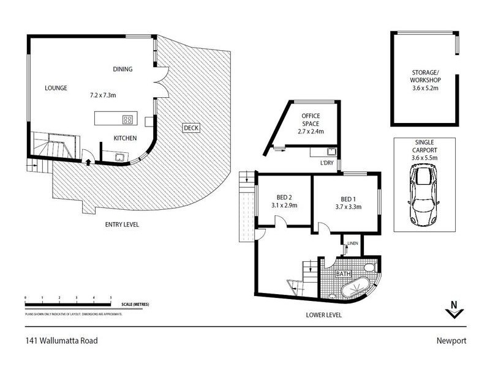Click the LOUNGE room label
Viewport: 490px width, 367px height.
56,87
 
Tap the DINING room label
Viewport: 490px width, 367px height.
123,69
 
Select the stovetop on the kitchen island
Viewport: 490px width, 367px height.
128,119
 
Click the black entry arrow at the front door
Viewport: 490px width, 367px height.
90,162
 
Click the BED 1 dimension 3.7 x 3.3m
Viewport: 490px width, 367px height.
347,207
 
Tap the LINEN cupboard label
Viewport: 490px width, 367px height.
352,244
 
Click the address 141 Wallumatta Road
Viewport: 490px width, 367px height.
61,341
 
